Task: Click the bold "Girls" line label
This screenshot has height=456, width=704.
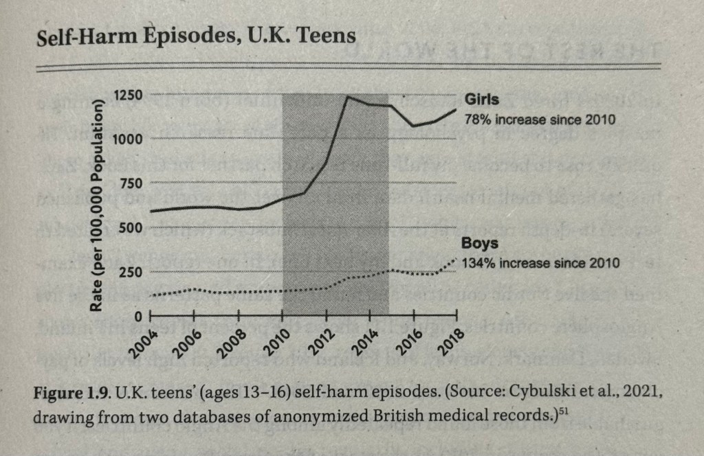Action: (482, 100)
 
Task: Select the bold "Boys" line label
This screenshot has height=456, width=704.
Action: (480, 244)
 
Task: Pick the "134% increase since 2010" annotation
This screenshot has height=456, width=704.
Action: (540, 263)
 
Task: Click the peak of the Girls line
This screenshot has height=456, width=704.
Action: (348, 97)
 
